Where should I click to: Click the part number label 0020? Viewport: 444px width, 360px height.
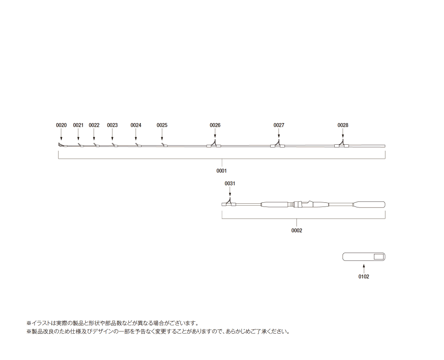click(x=61, y=125)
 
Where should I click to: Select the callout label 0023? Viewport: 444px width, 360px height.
click(x=112, y=125)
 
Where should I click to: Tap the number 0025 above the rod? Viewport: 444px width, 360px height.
click(x=162, y=125)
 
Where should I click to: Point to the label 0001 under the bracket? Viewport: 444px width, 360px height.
click(x=221, y=171)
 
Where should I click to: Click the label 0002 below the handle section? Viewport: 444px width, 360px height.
click(x=297, y=230)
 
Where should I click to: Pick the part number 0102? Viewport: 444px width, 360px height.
click(x=364, y=277)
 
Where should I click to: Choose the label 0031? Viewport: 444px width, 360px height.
click(x=230, y=183)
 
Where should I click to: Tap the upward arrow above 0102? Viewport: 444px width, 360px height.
click(x=364, y=268)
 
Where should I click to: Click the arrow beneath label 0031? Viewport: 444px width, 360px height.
click(x=230, y=192)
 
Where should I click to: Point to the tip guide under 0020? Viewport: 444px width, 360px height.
click(x=61, y=145)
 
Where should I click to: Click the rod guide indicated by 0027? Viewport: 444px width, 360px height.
click(x=278, y=144)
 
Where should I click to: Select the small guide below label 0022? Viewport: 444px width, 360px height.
click(x=97, y=146)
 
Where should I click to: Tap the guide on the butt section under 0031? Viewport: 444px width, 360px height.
click(x=229, y=202)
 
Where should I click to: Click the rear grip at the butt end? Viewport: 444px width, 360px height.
click(x=369, y=204)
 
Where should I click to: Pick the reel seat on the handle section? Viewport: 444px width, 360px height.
click(x=303, y=204)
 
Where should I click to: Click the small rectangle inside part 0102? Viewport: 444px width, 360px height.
click(x=379, y=257)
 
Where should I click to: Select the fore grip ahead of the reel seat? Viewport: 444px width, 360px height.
click(x=275, y=204)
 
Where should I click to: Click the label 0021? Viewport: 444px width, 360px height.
click(x=78, y=125)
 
